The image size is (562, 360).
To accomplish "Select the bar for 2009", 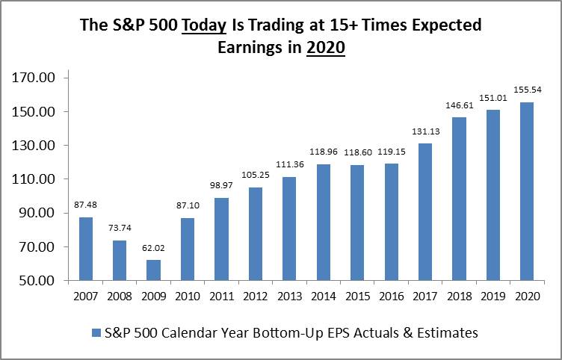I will coord(153,270).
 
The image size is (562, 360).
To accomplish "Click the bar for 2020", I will coord(527,191).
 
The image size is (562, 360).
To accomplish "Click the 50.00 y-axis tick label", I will coord(35,281).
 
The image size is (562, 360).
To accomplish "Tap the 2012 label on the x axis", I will coord(255,297).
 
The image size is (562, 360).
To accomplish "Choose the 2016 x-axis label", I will coord(391,297).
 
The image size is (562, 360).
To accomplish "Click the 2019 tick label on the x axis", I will coord(493,297).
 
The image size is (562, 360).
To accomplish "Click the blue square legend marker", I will coord(95,332).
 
